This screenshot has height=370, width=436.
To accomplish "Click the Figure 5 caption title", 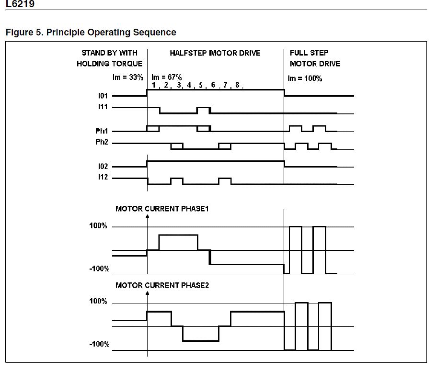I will [x=91, y=33].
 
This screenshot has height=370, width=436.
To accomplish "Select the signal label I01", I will [x=102, y=96].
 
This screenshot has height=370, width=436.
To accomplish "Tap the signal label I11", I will [x=102, y=107].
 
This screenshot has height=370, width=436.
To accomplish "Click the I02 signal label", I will [x=102, y=167].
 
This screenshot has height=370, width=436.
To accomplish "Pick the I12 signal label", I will [x=102, y=178].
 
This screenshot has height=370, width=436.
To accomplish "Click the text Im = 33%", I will [x=127, y=77].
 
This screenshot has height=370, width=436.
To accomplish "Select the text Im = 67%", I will [x=166, y=77].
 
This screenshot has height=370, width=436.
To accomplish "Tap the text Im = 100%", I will [x=304, y=78].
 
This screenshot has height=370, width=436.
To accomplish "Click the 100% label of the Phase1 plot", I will [x=98, y=226].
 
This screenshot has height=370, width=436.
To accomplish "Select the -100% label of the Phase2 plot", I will [x=99, y=345].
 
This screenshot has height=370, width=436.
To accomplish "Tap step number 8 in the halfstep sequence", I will [x=237, y=85].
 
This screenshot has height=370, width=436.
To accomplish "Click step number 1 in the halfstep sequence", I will [x=154, y=85].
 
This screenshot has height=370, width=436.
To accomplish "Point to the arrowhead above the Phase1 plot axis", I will [x=147, y=217].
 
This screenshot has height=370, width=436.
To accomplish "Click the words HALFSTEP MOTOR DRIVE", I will [x=215, y=53].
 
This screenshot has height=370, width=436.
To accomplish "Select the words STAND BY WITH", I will [x=109, y=53].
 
